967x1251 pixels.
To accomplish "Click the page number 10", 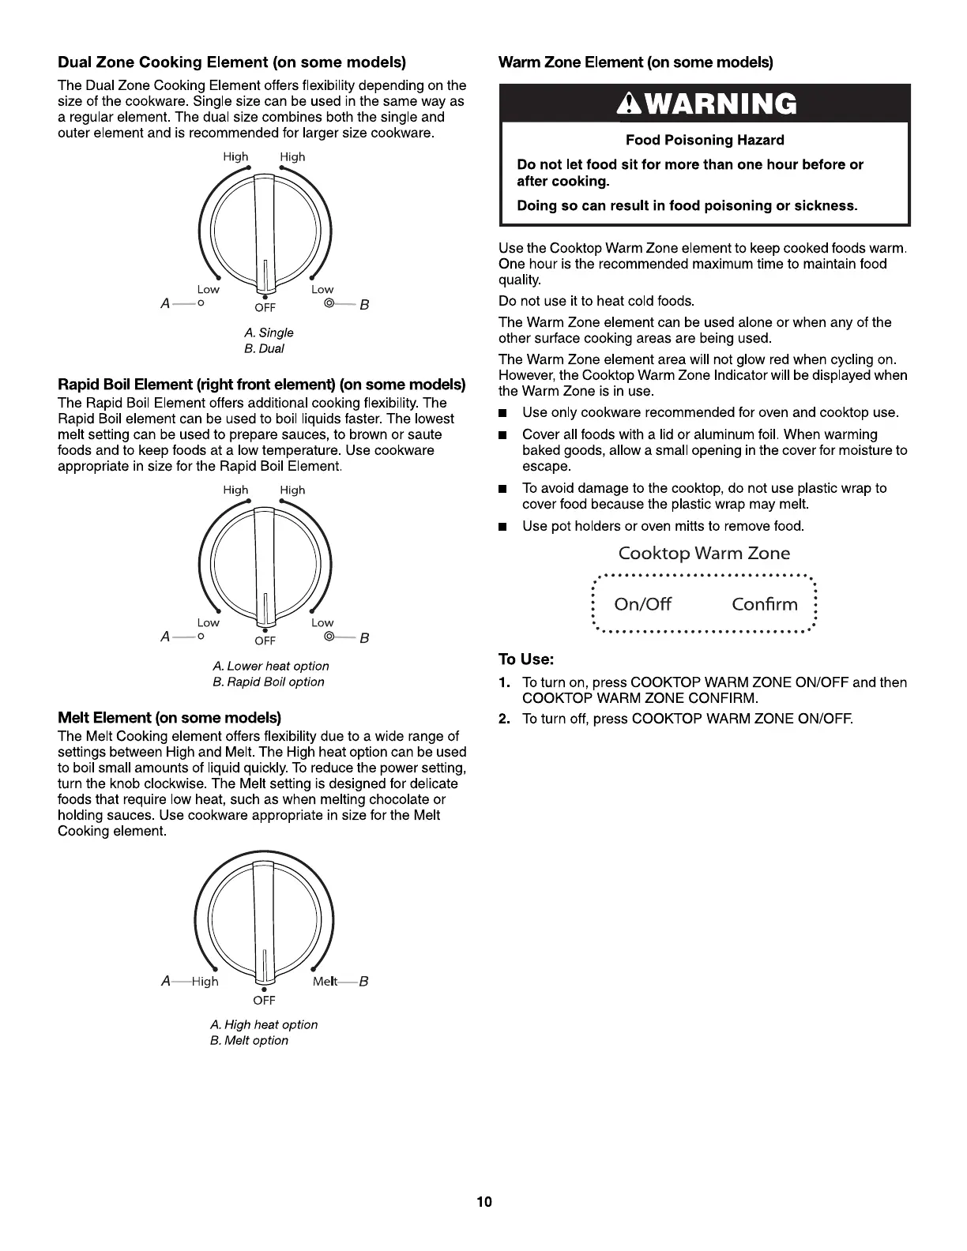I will tap(483, 1202).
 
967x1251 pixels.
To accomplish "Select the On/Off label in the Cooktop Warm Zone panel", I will tap(642, 604).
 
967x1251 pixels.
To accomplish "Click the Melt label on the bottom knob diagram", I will tap(325, 981).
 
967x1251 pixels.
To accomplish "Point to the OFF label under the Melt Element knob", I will tap(264, 1001).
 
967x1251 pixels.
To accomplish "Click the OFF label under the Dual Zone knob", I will tap(265, 308).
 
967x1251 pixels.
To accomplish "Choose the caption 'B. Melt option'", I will tap(249, 1040).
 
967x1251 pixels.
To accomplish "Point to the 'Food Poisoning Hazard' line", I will tap(705, 140).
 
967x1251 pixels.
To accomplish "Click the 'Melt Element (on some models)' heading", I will tap(170, 717).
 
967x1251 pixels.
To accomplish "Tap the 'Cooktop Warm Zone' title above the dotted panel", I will tap(704, 553).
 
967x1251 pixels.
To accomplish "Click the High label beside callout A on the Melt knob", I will tap(205, 981).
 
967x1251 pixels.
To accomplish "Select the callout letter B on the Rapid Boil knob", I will tap(364, 638).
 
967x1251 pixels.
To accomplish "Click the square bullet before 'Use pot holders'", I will tap(503, 527).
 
